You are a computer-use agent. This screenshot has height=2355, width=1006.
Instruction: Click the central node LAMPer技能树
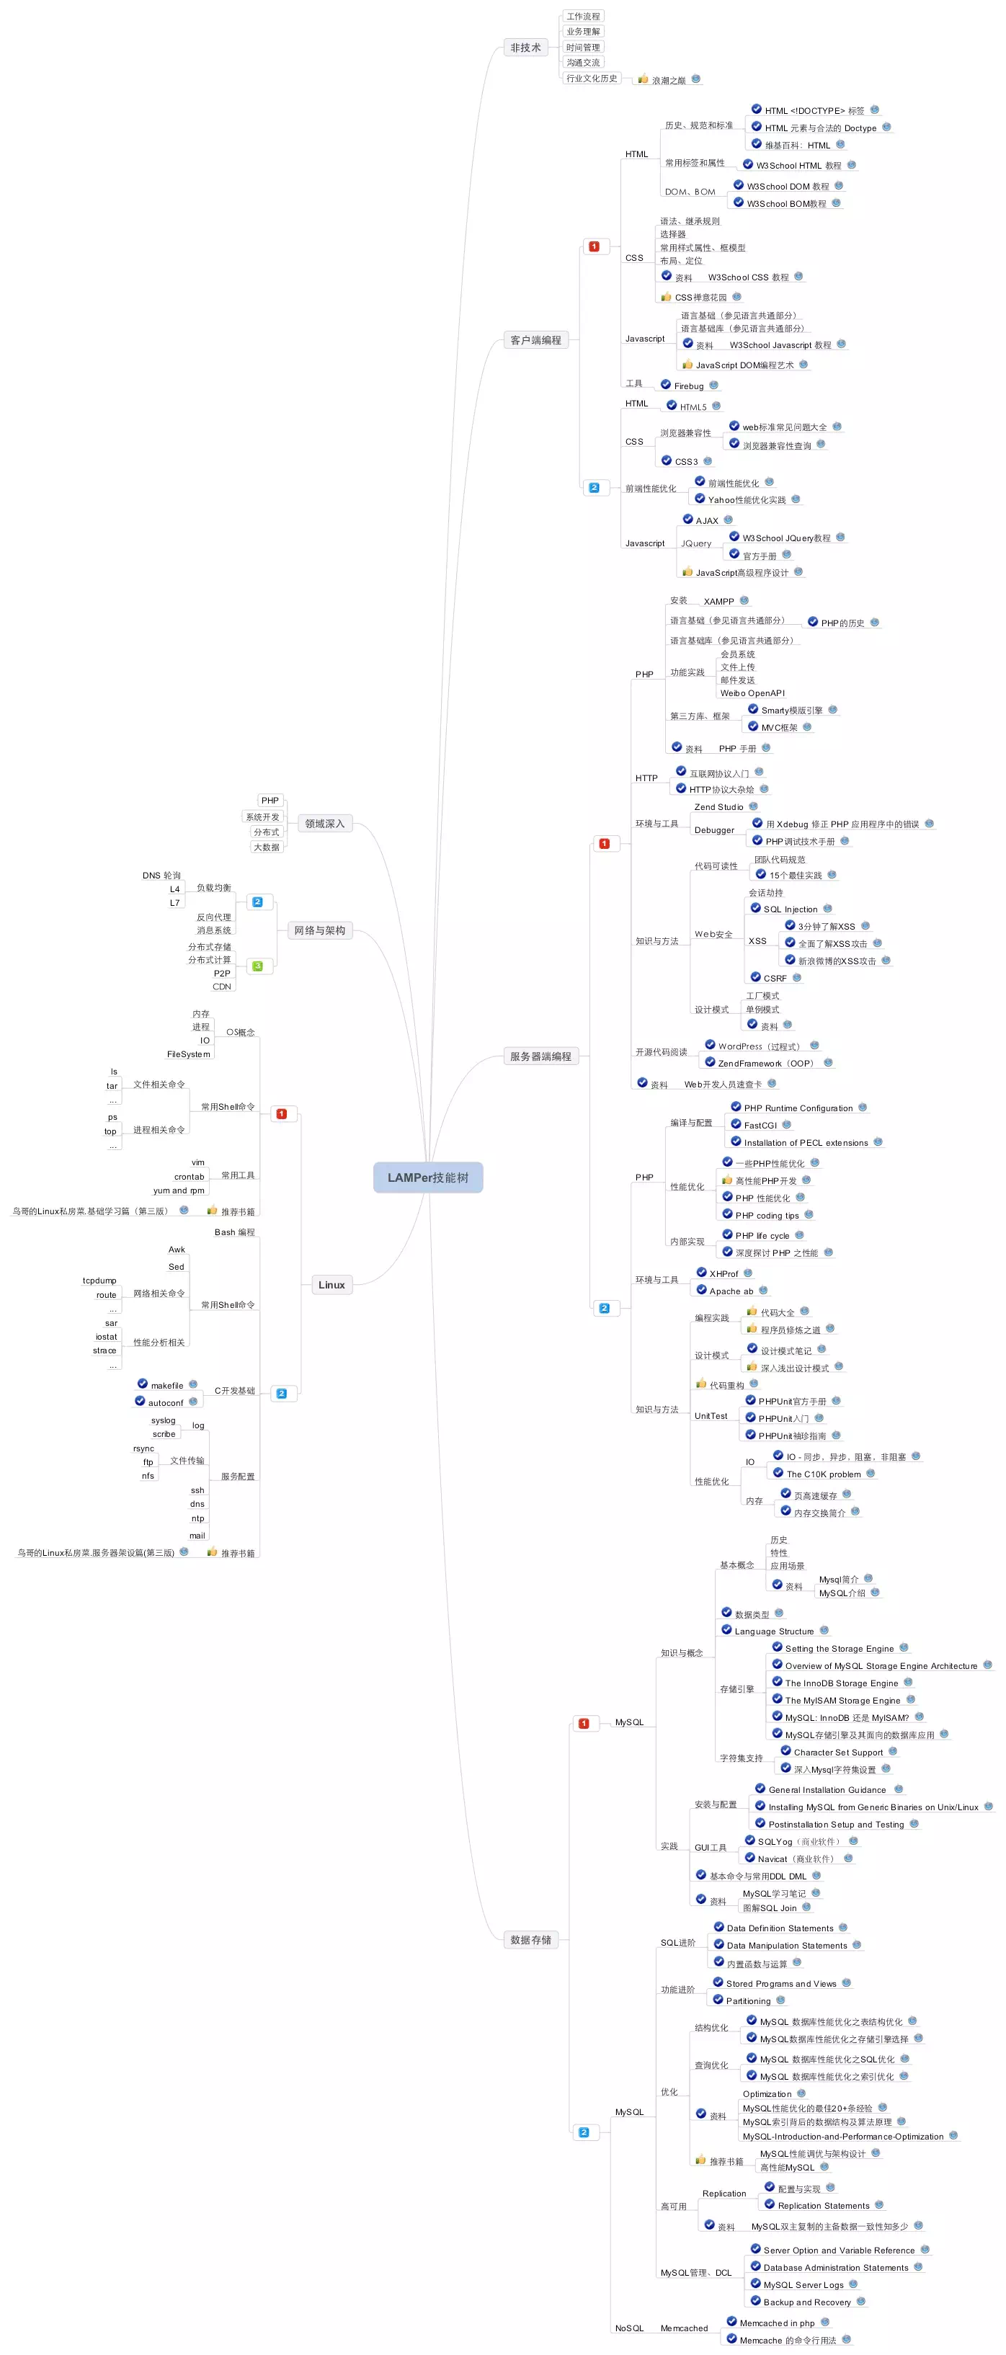(x=427, y=1177)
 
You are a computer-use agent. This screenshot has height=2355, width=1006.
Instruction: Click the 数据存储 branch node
(x=530, y=1939)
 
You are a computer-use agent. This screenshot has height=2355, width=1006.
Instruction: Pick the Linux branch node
(x=331, y=1284)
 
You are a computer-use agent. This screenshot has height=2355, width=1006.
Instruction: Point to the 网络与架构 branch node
(x=319, y=930)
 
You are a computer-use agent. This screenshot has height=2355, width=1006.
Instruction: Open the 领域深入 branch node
(x=325, y=824)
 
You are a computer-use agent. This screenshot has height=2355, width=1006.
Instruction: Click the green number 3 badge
(x=257, y=966)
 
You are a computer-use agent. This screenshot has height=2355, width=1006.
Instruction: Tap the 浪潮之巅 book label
(x=669, y=81)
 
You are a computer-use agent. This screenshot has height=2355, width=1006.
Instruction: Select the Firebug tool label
(x=689, y=386)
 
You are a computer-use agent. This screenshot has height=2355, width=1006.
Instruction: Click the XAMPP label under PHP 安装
(x=719, y=602)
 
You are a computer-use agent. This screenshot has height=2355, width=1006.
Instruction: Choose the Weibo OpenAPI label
(x=752, y=693)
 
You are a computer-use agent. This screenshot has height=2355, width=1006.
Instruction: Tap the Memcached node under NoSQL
(x=684, y=2328)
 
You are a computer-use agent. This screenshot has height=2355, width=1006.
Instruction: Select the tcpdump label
(x=99, y=1281)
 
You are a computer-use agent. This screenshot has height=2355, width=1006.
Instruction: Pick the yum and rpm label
(x=178, y=1190)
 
